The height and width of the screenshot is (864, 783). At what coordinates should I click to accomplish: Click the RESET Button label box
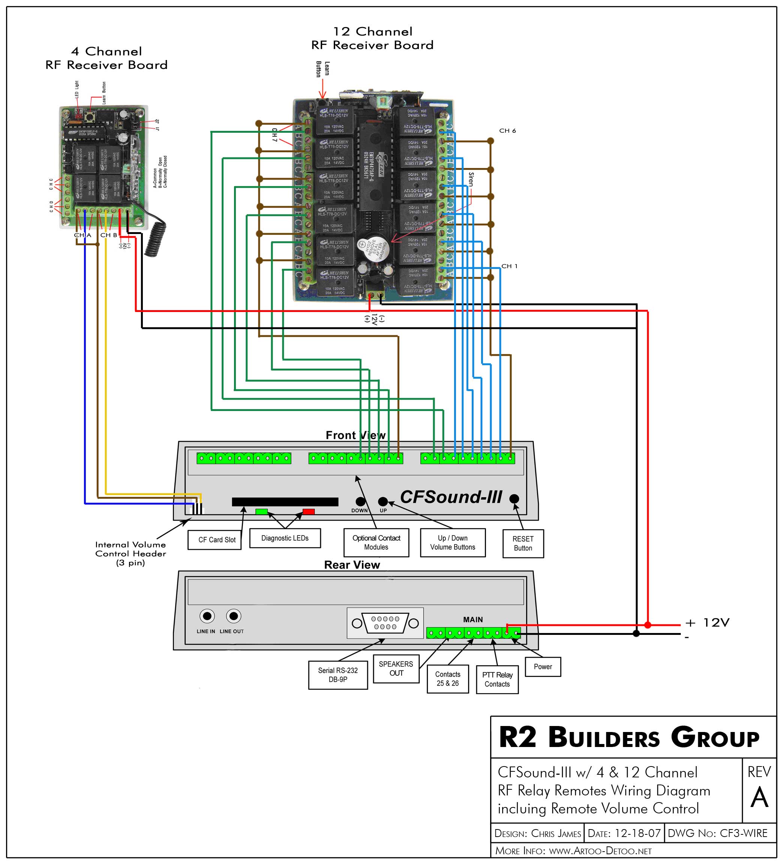click(x=523, y=543)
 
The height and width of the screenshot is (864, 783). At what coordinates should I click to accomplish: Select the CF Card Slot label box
click(x=217, y=540)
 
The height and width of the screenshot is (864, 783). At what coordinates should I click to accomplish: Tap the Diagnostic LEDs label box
click(x=285, y=538)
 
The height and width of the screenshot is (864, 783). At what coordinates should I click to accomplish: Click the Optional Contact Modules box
click(x=376, y=543)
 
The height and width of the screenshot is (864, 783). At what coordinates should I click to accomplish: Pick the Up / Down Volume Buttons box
click(x=453, y=543)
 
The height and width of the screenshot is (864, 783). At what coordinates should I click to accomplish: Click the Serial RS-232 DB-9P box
click(x=338, y=675)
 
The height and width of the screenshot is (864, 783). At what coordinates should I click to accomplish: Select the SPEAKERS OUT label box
click(x=396, y=668)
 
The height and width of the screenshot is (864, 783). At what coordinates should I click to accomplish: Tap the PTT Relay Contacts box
click(x=497, y=679)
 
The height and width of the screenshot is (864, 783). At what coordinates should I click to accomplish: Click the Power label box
click(x=543, y=666)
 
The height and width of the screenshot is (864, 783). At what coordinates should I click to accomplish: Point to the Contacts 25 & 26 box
click(x=447, y=678)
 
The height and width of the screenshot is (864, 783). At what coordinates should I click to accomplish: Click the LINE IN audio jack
click(x=207, y=616)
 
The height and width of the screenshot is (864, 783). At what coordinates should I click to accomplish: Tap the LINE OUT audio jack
click(x=234, y=616)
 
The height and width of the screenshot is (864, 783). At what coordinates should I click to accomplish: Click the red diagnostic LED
click(x=309, y=511)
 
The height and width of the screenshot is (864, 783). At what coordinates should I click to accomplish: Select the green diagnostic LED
click(x=261, y=511)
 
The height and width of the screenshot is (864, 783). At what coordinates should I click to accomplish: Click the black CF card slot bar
click(x=285, y=502)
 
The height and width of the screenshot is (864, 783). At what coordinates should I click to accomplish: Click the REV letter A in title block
click(x=759, y=798)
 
